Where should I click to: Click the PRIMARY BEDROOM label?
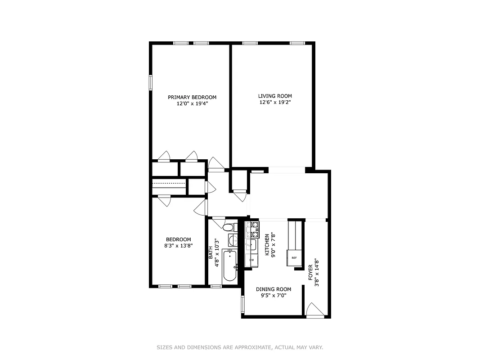click(x=192, y=97)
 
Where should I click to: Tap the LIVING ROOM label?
click(x=275, y=96)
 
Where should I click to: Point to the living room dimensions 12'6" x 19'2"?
click(x=275, y=102)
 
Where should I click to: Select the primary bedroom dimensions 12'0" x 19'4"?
click(x=192, y=103)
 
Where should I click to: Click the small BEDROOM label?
click(x=179, y=239)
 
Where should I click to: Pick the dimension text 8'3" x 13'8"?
click(x=179, y=246)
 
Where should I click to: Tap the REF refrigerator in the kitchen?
click(x=294, y=258)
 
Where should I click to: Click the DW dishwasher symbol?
click(x=251, y=260)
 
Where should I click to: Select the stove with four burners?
click(x=252, y=229)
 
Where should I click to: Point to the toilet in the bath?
click(x=228, y=227)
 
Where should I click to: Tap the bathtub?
click(x=230, y=265)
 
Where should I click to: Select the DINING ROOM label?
click(x=274, y=289)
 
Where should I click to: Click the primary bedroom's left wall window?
click(x=151, y=82)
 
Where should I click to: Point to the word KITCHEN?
click(x=267, y=245)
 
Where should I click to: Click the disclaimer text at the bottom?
click(x=240, y=347)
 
